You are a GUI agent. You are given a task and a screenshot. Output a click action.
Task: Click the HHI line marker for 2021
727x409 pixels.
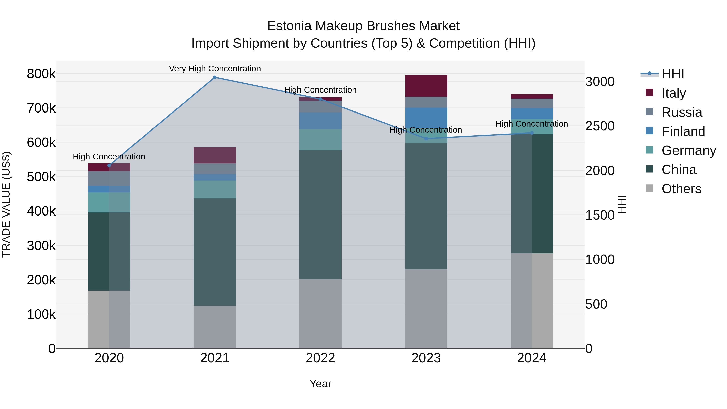[215, 77]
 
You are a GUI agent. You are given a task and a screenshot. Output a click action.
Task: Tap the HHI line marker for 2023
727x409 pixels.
[426, 139]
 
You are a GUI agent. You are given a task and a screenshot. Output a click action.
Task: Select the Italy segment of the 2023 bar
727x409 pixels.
[426, 86]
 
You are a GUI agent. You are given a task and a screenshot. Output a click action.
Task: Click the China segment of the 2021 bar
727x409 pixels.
[215, 252]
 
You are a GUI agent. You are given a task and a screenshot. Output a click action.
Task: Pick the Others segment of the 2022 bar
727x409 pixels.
[320, 314]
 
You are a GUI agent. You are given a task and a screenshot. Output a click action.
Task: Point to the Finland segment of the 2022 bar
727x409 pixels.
[320, 121]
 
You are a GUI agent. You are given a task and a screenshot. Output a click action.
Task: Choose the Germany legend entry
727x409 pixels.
[689, 150]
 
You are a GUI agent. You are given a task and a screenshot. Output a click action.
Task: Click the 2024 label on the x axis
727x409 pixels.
[532, 358]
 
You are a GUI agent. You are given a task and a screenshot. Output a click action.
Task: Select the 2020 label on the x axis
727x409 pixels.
[109, 358]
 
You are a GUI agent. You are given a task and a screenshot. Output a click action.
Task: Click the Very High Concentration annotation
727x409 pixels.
[215, 69]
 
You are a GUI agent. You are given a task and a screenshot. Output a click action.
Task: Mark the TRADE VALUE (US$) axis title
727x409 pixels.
[6, 204]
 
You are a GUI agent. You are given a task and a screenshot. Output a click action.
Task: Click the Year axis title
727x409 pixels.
[320, 384]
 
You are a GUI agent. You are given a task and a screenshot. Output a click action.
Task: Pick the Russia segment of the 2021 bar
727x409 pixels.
[215, 169]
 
